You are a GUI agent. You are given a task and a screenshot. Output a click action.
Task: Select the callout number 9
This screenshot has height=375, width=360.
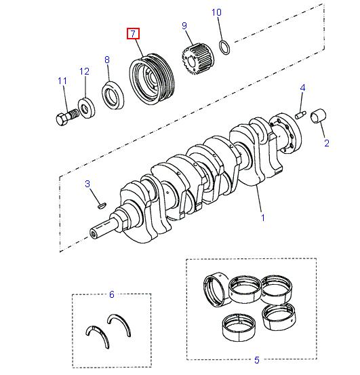tap(184, 26)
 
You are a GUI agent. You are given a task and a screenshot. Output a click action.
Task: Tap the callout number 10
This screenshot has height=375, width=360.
tap(216, 12)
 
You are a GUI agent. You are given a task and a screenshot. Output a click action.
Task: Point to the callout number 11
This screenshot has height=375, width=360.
tap(62, 81)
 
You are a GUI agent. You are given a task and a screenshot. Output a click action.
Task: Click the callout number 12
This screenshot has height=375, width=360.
tap(85, 71)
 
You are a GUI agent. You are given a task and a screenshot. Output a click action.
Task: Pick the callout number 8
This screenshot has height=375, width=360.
tap(107, 60)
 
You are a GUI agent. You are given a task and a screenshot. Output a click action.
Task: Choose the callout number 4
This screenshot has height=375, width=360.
tap(302, 87)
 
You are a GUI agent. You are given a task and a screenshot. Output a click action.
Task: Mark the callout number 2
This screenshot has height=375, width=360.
tap(326, 143)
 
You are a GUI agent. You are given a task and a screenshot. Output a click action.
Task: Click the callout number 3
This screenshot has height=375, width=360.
tap(87, 184)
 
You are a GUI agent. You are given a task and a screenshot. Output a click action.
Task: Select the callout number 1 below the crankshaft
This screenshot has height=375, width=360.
tap(263, 218)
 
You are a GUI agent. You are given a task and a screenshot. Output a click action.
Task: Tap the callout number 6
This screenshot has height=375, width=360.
tap(112, 294)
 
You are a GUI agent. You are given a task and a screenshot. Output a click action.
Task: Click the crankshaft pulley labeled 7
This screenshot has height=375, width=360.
tap(153, 80)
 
